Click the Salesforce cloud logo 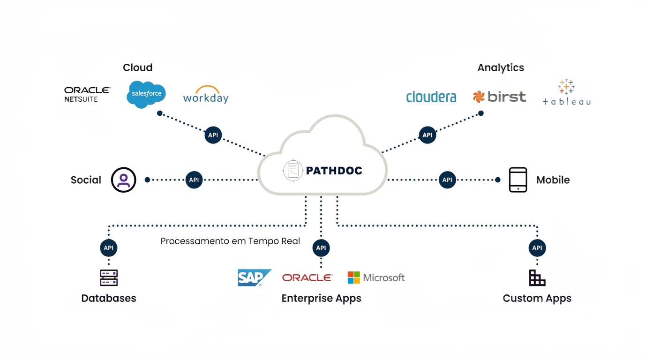(x=146, y=94)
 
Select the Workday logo (x=206, y=95)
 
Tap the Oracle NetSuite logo (x=87, y=94)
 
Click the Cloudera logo (x=431, y=97)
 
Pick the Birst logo (x=499, y=97)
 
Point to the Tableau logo (x=566, y=92)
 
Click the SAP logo (x=254, y=277)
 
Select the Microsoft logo (x=376, y=277)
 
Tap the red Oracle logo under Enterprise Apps (x=307, y=277)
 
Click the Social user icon (x=124, y=180)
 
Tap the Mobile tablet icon (x=518, y=180)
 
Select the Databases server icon (x=109, y=277)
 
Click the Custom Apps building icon (x=537, y=277)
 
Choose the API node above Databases (x=108, y=248)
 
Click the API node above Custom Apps (x=537, y=248)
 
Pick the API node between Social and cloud (x=194, y=180)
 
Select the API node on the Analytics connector (x=427, y=135)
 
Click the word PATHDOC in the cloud (x=334, y=171)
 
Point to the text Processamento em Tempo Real (x=230, y=241)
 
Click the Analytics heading (x=500, y=67)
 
